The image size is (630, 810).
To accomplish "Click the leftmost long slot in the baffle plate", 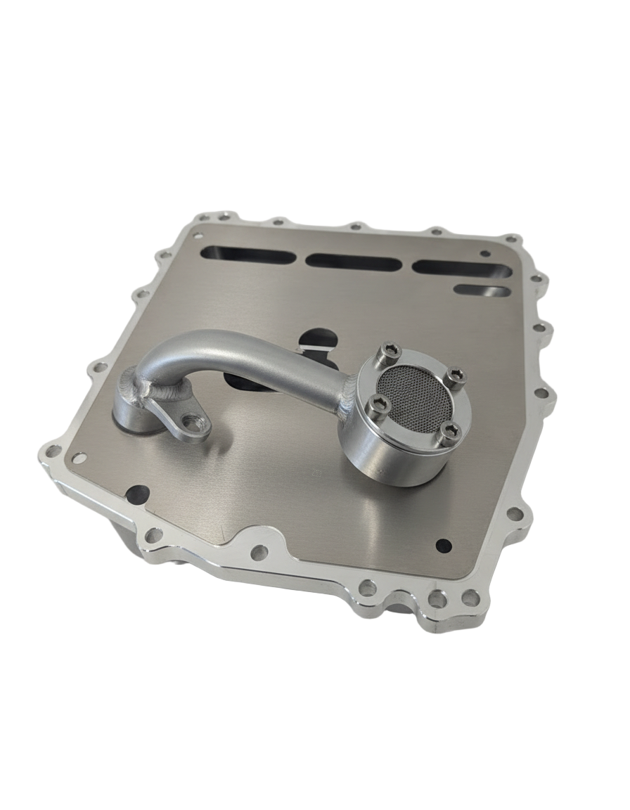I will click(247, 256).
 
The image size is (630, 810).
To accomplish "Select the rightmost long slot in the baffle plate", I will click(461, 268).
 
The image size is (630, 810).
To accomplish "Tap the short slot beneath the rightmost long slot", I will click(481, 290).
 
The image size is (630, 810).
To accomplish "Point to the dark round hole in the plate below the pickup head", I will click(443, 544).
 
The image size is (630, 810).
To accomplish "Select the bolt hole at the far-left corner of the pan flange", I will click(52, 449).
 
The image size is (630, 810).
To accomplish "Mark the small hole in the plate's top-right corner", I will click(484, 252).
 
